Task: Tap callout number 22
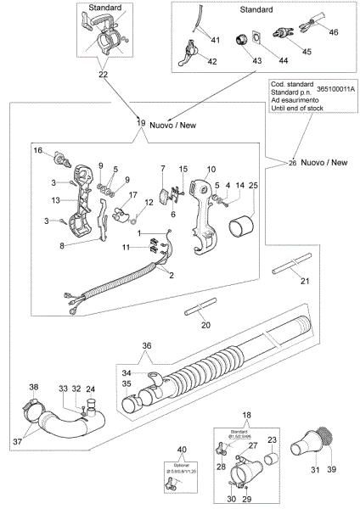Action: tap(103, 75)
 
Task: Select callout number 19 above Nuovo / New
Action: tap(142, 124)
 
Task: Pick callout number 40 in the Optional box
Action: tap(181, 449)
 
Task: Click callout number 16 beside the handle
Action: tap(37, 150)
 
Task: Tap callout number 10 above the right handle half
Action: tap(211, 169)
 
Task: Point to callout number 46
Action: tap(334, 31)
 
